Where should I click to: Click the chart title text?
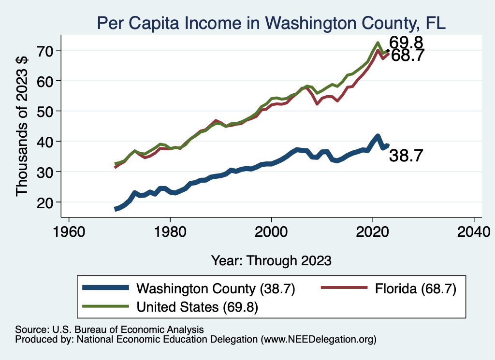pyautogui.click(x=271, y=22)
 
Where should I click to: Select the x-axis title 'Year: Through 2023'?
pyautogui.click(x=271, y=260)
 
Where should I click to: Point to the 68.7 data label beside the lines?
pyautogui.click(x=408, y=56)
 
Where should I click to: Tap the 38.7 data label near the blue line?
pyautogui.click(x=407, y=156)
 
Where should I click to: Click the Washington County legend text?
pyautogui.click(x=216, y=289)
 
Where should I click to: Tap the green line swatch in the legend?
pyautogui.click(x=106, y=306)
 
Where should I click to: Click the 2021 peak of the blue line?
pyautogui.click(x=378, y=136)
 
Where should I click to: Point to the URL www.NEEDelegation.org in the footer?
pyautogui.click(x=318, y=340)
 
